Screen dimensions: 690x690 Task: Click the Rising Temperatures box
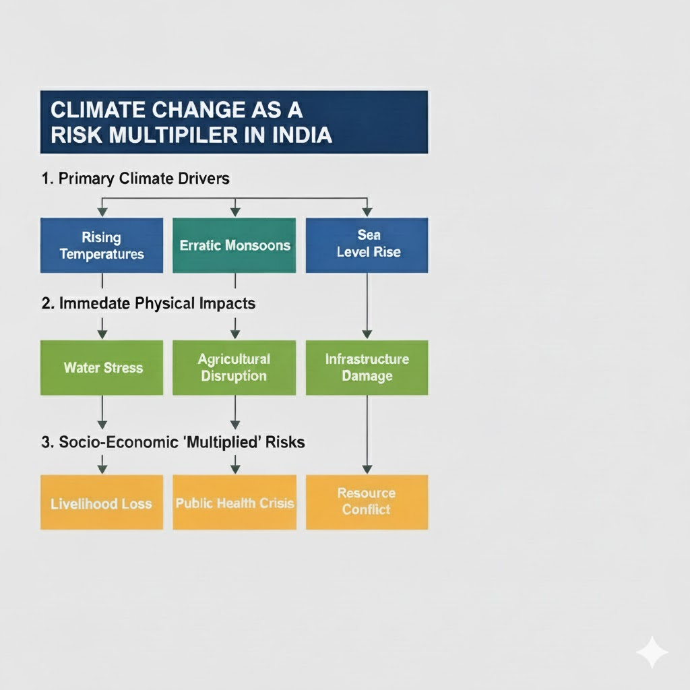coord(102,245)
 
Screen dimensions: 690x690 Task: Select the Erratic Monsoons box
coord(234,245)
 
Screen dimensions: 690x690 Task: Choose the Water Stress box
coord(102,368)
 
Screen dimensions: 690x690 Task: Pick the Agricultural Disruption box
coord(234,368)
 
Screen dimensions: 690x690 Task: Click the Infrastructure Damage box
coord(367,368)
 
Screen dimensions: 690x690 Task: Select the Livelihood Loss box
coord(102,503)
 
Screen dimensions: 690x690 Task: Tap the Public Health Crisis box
coord(234,503)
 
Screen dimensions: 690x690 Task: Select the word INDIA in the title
coord(302,135)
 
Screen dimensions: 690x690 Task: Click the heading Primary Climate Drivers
coord(135,179)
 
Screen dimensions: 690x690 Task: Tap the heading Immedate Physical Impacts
coord(148,303)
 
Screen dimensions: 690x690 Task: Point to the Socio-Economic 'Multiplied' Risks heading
coord(173,442)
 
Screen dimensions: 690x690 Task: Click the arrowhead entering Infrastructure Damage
coord(367,334)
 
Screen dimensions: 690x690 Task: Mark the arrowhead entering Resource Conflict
coord(367,468)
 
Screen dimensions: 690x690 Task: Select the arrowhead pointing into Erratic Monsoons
coord(234,212)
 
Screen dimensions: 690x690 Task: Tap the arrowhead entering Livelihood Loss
coord(102,468)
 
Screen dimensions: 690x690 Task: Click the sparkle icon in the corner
coord(652,652)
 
